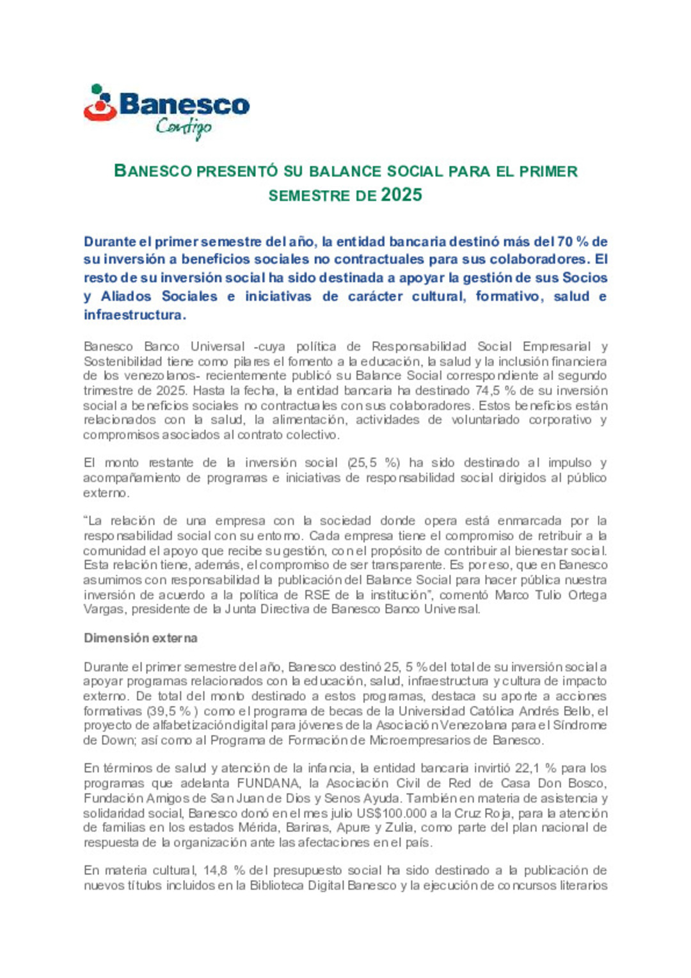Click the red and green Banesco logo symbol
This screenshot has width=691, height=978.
100,103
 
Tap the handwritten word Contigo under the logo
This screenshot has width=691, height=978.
183,127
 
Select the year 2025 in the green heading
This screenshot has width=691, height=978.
401,195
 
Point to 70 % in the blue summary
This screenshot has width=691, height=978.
572,242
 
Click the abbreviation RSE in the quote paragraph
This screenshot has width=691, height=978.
317,595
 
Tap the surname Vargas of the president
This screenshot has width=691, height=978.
105,609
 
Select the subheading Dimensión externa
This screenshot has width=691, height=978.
140,638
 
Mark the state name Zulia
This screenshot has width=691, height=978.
399,828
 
